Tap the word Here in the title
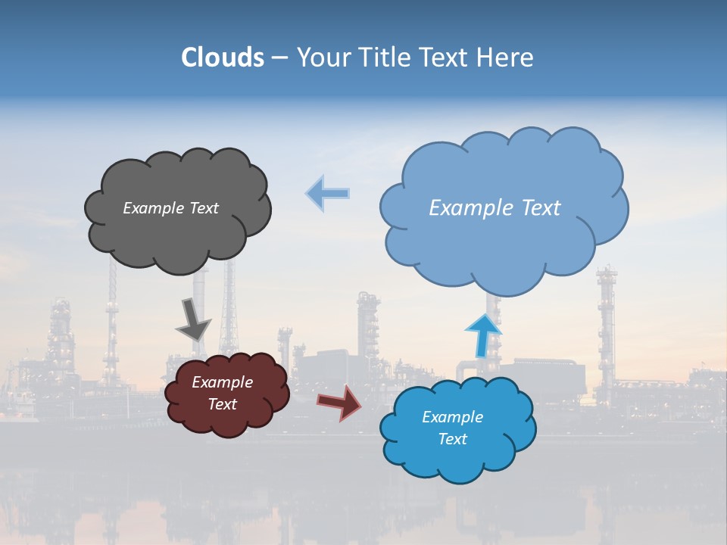click(x=507, y=57)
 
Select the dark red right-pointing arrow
click(x=339, y=402)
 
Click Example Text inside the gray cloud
click(x=170, y=208)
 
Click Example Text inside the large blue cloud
click(x=495, y=208)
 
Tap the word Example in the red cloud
click(x=222, y=382)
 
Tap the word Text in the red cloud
click(x=222, y=404)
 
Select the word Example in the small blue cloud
click(x=452, y=417)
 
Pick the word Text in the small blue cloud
click(x=452, y=439)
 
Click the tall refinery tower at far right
click(x=606, y=325)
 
